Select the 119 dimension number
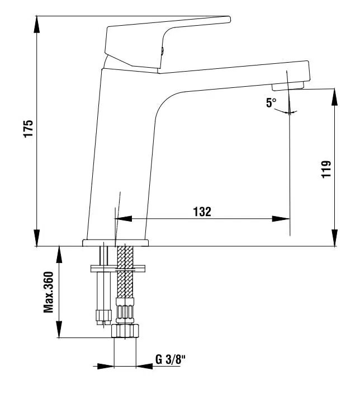pyautogui.click(x=326, y=169)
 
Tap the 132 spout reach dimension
pyautogui.click(x=202, y=212)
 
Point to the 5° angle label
pyautogui.click(x=271, y=103)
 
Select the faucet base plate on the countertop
pyautogui.click(x=116, y=243)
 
